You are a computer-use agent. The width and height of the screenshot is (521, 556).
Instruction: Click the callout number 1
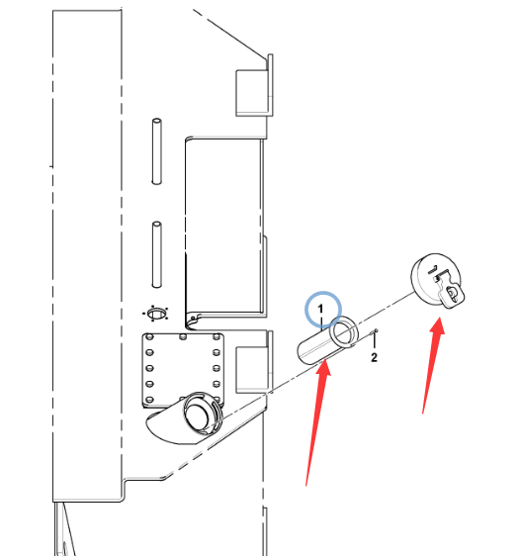320,309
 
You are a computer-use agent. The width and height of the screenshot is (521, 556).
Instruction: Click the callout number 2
375,357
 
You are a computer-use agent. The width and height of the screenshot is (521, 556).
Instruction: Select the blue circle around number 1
323,310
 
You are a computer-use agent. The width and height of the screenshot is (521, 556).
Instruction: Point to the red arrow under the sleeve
318,422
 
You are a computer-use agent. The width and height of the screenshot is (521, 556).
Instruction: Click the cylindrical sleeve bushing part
327,340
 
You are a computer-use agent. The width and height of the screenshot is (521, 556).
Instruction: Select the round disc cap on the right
437,280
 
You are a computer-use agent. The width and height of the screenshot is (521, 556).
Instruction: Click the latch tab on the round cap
450,293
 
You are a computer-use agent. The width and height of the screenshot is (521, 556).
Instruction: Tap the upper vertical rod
156,151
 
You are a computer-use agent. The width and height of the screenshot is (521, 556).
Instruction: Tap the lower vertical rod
156,254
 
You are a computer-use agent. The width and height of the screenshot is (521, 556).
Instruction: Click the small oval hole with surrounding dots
156,314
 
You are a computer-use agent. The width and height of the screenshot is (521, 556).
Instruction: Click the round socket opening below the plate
199,414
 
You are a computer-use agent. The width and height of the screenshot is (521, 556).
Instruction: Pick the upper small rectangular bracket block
253,93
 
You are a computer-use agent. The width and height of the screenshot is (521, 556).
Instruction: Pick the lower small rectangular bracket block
253,370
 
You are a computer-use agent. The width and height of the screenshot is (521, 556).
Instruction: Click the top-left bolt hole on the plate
149,336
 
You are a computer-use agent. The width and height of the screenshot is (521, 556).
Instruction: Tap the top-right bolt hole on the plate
216,336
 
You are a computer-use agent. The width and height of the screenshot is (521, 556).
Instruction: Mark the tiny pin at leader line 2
375,331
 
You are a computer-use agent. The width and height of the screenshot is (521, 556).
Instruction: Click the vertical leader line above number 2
375,341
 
